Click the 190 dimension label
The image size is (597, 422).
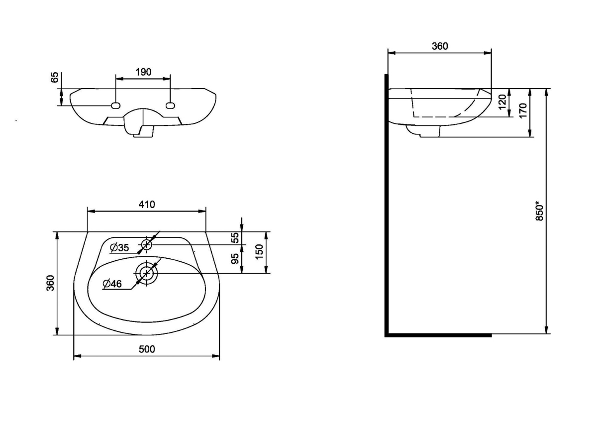tap(143, 72)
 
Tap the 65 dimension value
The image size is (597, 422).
tap(54, 77)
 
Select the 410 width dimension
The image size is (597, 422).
tap(147, 205)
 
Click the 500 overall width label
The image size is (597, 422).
tap(147, 349)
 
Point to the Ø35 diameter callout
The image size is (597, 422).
tap(119, 248)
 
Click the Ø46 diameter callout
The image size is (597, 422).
tap(112, 284)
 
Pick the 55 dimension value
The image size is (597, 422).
tap(235, 237)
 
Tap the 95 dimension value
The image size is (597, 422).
tap(235, 259)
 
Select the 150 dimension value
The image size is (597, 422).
tap(259, 252)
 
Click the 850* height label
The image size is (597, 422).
tap(539, 212)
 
